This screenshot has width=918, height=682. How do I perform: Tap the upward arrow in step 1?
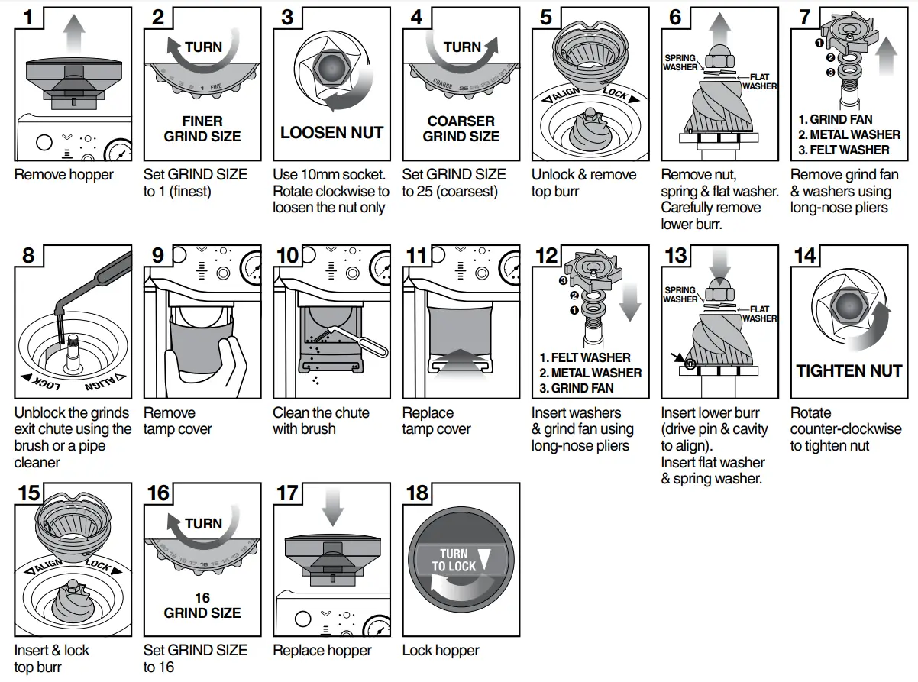pyautogui.click(x=73, y=34)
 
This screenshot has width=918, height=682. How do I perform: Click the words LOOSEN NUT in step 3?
pyautogui.click(x=331, y=132)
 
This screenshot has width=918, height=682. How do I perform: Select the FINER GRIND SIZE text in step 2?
pyautogui.click(x=202, y=129)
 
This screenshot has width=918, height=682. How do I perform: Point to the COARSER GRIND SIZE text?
pyautogui.click(x=461, y=129)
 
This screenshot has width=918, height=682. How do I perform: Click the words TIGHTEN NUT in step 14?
pyautogui.click(x=849, y=371)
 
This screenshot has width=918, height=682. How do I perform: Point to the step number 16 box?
pyautogui.click(x=158, y=493)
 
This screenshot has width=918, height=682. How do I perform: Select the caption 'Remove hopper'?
pyautogui.click(x=63, y=175)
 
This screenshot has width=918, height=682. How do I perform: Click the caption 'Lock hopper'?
pyautogui.click(x=441, y=651)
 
